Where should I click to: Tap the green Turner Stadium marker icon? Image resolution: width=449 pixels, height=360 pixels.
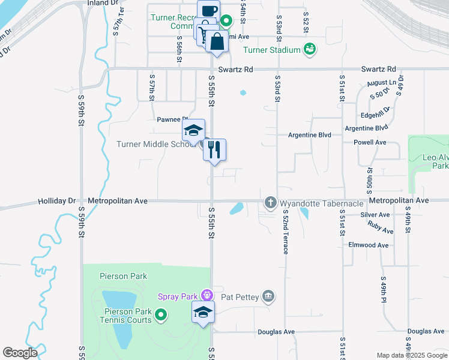pos(309,49)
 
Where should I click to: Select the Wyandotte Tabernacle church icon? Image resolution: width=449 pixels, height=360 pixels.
pos(270,203)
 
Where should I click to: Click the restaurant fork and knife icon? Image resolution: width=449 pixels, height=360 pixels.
pos(214,149)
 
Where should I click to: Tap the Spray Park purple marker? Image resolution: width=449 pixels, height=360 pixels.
pos(207,295)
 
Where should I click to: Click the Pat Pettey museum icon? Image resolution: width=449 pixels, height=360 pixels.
pos(268,295)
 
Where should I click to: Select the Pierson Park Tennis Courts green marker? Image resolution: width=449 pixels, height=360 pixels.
pos(161,314)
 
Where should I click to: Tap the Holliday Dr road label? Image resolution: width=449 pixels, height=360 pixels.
pos(58,200)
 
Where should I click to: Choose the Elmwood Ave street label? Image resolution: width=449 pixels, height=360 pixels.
pos(369,245)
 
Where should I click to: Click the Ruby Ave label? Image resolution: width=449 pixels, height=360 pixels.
pos(381,228)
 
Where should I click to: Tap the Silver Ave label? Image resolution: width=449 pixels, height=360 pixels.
pos(375,214)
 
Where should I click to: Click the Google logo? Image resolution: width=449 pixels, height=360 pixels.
pos(20,353)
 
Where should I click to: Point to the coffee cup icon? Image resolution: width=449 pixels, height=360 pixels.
pos(208,10)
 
